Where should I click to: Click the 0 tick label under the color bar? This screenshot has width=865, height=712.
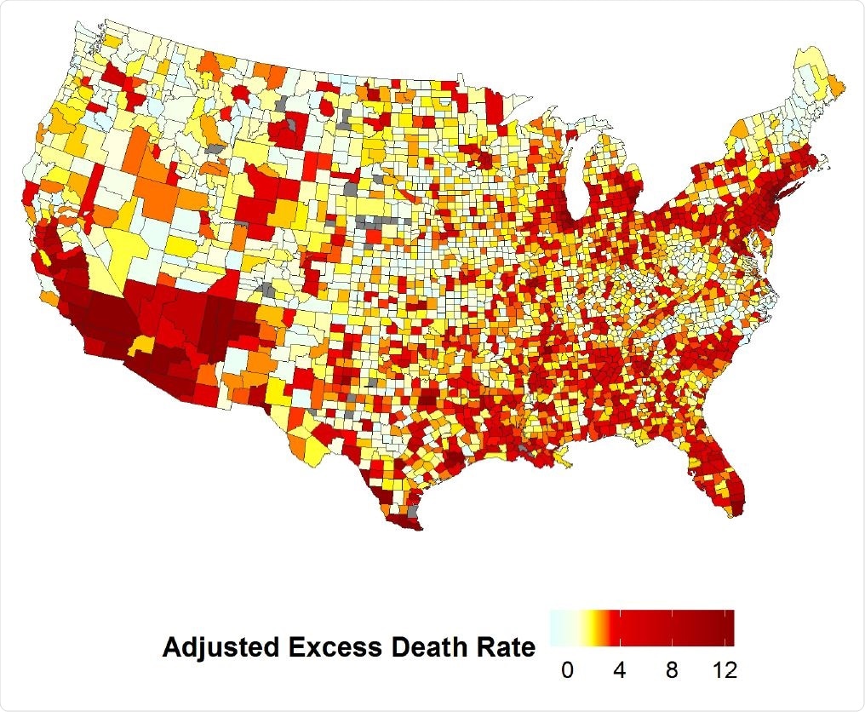click(567, 670)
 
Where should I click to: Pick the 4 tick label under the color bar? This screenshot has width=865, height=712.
click(619, 670)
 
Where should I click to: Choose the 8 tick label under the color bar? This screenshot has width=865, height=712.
click(672, 670)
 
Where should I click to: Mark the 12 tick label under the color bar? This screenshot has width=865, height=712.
click(724, 670)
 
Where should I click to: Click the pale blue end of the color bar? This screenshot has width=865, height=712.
click(555, 629)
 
